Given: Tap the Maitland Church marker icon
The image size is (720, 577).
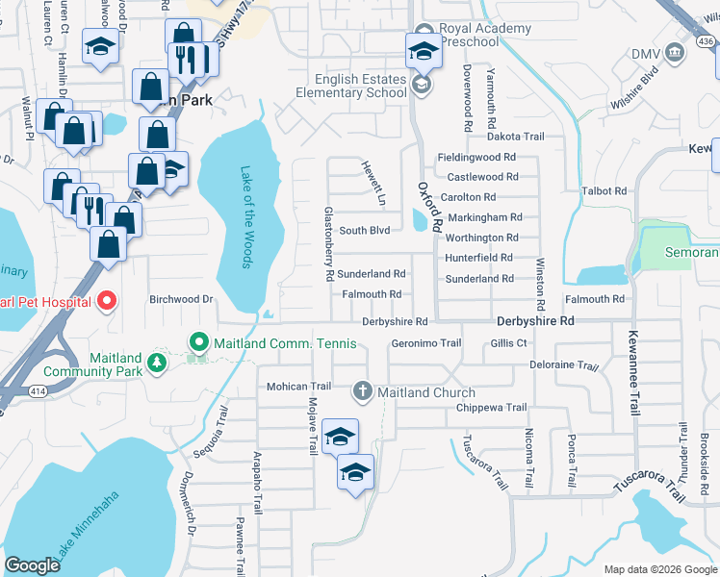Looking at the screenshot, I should coord(362,390).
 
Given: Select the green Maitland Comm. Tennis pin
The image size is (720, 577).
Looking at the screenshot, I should coord(199,342).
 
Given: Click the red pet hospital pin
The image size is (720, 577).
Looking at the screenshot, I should coord(106,301).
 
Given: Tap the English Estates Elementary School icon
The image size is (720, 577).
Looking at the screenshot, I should coord(421,86).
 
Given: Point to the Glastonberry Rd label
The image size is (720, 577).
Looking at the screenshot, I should coord(329,242).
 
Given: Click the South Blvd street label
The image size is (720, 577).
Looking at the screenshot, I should coord(364,231).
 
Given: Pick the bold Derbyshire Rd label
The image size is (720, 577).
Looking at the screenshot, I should coord(535,320).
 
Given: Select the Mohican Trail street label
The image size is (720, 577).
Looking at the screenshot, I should coord(298,387).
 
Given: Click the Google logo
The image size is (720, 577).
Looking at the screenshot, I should coord(33,565).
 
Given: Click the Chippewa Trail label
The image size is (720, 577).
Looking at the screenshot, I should coord(493,408).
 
